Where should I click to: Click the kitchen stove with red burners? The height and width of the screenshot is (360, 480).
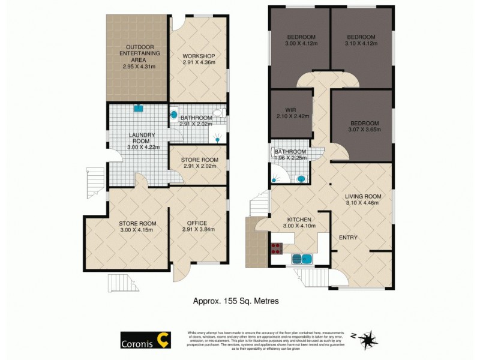click(278, 248)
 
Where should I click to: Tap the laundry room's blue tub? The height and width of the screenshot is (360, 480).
click(138, 109)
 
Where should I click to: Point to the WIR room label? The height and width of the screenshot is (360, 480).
click(290, 109)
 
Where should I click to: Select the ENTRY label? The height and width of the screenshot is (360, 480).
click(348, 238)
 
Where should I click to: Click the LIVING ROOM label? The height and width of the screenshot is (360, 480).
click(362, 196)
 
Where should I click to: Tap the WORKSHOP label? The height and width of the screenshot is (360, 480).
click(198, 56)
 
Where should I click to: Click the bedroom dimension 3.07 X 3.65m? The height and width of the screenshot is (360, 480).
click(362, 130)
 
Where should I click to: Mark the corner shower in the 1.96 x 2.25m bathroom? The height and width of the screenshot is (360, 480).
click(278, 175)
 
